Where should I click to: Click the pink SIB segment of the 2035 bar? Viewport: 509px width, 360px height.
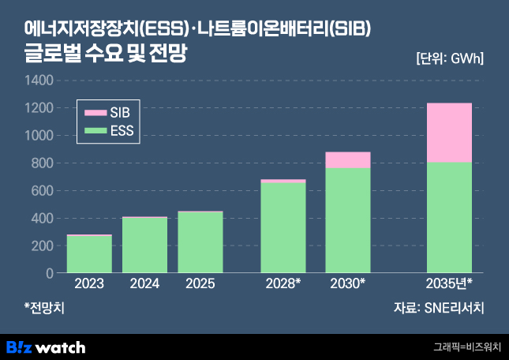[x=449, y=133]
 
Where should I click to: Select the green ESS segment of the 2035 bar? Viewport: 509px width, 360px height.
[x=449, y=217]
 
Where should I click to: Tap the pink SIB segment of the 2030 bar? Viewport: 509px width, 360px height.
[x=348, y=160]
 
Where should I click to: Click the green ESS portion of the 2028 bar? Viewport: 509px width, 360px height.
[x=283, y=227]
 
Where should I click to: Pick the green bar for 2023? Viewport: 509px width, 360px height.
[x=89, y=254]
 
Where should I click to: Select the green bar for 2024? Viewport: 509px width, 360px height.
[x=144, y=245]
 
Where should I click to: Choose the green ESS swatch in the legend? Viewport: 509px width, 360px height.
[x=95, y=130]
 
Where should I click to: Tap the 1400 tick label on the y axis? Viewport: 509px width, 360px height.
[x=39, y=81]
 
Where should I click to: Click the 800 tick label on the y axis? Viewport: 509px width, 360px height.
[x=43, y=163]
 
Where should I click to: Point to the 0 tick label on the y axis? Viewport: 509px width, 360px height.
[x=50, y=273]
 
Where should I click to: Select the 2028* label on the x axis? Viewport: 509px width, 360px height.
[x=283, y=283]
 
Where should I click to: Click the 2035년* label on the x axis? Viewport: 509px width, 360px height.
[x=449, y=283]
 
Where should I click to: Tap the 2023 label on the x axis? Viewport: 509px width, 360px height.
[x=89, y=283]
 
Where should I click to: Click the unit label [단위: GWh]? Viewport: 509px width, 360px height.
[x=449, y=58]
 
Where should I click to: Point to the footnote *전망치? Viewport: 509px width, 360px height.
[x=44, y=309]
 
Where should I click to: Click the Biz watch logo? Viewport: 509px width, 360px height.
[x=46, y=347]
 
